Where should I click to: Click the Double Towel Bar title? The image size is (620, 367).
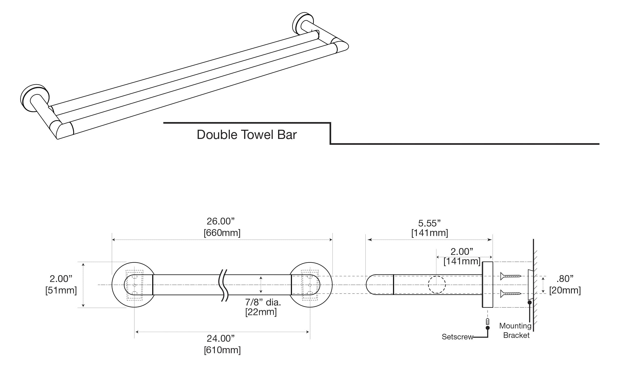click(x=247, y=135)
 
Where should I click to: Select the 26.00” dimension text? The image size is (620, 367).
click(x=221, y=221)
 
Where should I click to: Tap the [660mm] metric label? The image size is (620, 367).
click(x=222, y=233)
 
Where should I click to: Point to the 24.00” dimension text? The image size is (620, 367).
click(x=221, y=338)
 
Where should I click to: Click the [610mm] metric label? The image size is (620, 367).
click(x=222, y=350)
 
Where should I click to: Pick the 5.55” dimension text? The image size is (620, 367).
click(x=430, y=223)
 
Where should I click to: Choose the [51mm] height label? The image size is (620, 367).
click(x=61, y=290)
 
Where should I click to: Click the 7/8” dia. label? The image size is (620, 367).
click(x=263, y=302)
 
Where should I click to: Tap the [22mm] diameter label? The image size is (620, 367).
click(x=261, y=312)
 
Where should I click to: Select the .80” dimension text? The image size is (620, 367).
click(x=565, y=279)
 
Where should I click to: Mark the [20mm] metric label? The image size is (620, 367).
click(x=565, y=290)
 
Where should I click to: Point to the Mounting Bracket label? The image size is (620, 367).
click(x=516, y=330)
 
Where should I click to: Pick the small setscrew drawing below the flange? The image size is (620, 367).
click(x=488, y=322)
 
